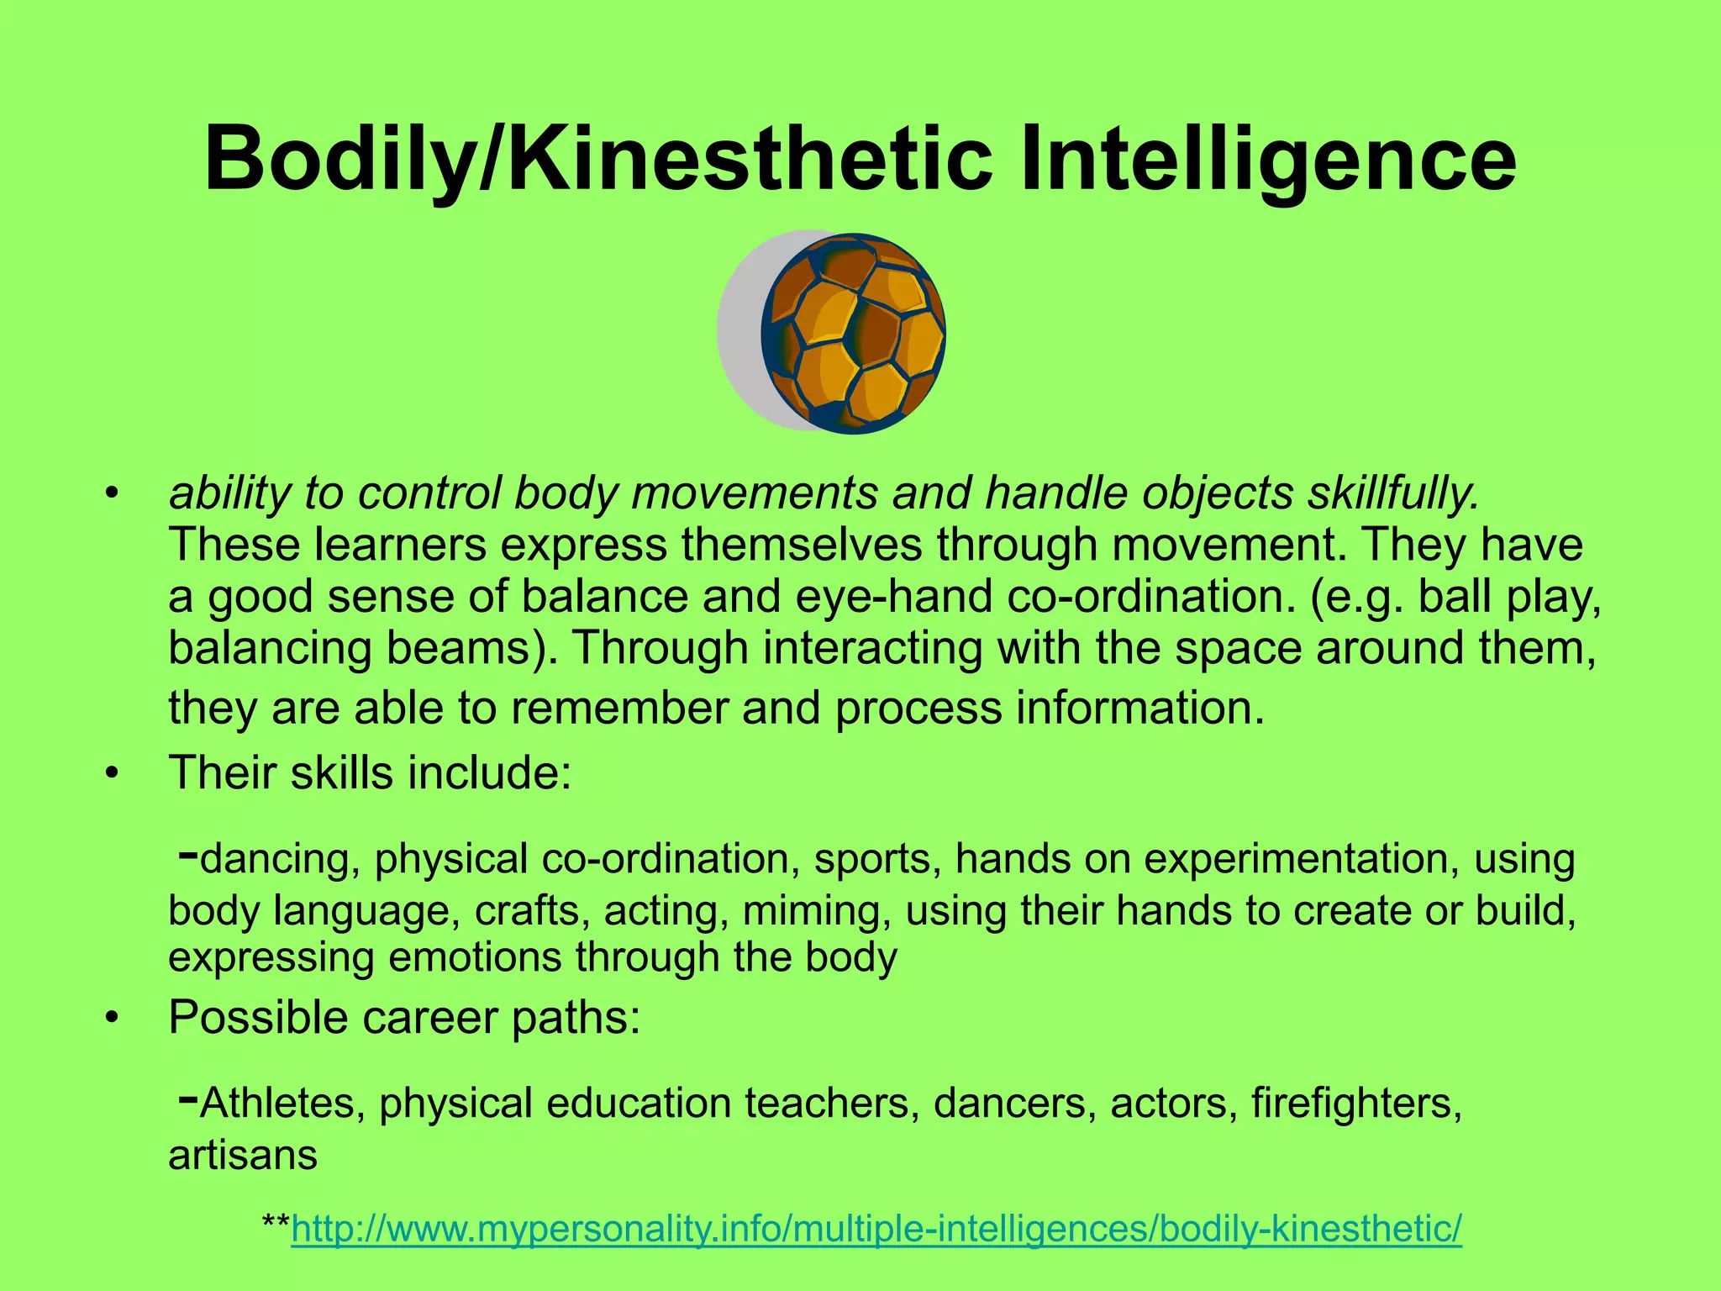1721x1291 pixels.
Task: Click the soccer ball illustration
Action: point(852,333)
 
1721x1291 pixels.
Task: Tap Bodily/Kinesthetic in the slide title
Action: point(597,158)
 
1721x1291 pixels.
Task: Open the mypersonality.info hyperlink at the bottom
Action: point(876,1229)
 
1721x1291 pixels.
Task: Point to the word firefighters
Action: point(1356,1103)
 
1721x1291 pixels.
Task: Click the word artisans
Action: point(243,1155)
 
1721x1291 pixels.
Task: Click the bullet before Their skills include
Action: point(111,773)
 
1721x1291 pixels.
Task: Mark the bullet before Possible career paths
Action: point(111,1018)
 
